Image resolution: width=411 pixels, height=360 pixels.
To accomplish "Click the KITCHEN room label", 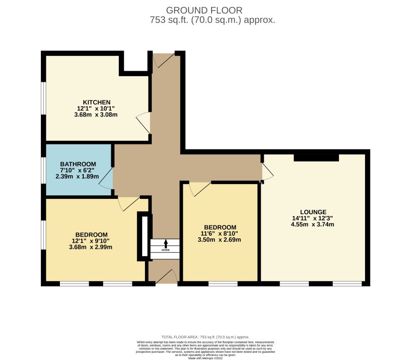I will point(96,102).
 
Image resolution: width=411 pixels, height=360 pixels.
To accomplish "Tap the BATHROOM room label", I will point(78,164).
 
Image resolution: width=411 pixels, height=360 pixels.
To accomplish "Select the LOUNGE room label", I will point(313,212).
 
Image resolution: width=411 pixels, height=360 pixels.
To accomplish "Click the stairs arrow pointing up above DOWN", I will point(165,243).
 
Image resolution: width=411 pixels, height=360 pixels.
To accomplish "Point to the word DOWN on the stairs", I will point(165,250).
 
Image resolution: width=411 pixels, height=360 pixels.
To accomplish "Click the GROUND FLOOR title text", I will point(204,10).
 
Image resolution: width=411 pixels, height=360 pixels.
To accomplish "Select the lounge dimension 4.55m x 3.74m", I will point(313,225).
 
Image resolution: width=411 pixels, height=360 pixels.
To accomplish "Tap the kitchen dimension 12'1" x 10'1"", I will point(96,108).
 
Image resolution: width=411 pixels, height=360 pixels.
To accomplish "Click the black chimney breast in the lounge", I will point(316,157).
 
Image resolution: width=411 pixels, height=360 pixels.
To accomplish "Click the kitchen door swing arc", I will point(144,122).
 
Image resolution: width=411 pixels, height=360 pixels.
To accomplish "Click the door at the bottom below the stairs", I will point(168,276).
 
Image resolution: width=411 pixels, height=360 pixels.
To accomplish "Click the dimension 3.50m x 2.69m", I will point(219,240).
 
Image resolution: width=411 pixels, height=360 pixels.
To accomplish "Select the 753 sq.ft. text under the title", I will point(212,20).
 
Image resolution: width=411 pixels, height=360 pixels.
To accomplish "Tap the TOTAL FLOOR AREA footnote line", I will point(205,337).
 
